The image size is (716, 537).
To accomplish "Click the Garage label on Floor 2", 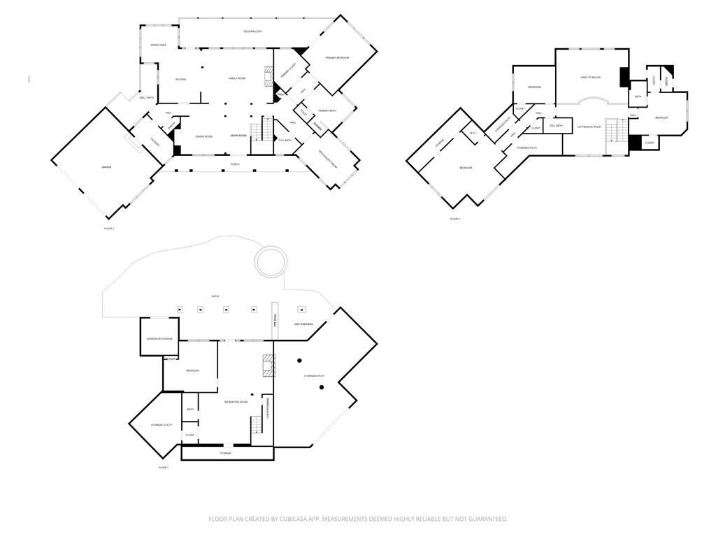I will click(106, 167).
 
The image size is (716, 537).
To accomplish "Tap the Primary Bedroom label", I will click(337, 57).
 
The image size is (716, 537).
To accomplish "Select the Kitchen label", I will click(180, 79).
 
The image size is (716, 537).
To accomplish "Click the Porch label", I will click(235, 164).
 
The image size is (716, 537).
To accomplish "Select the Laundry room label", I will click(155, 143).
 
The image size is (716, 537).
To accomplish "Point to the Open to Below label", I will click(590, 78).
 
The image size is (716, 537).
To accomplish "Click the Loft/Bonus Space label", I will click(589, 127).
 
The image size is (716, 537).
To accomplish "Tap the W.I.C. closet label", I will click(473, 133).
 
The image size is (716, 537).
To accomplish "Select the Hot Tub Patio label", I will click(303, 324).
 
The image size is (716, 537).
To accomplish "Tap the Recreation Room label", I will click(236, 401).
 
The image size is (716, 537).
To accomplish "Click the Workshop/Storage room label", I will click(159, 338).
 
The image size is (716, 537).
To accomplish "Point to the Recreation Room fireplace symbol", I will click(267, 365).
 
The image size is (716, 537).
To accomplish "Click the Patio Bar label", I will click(275, 322).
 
